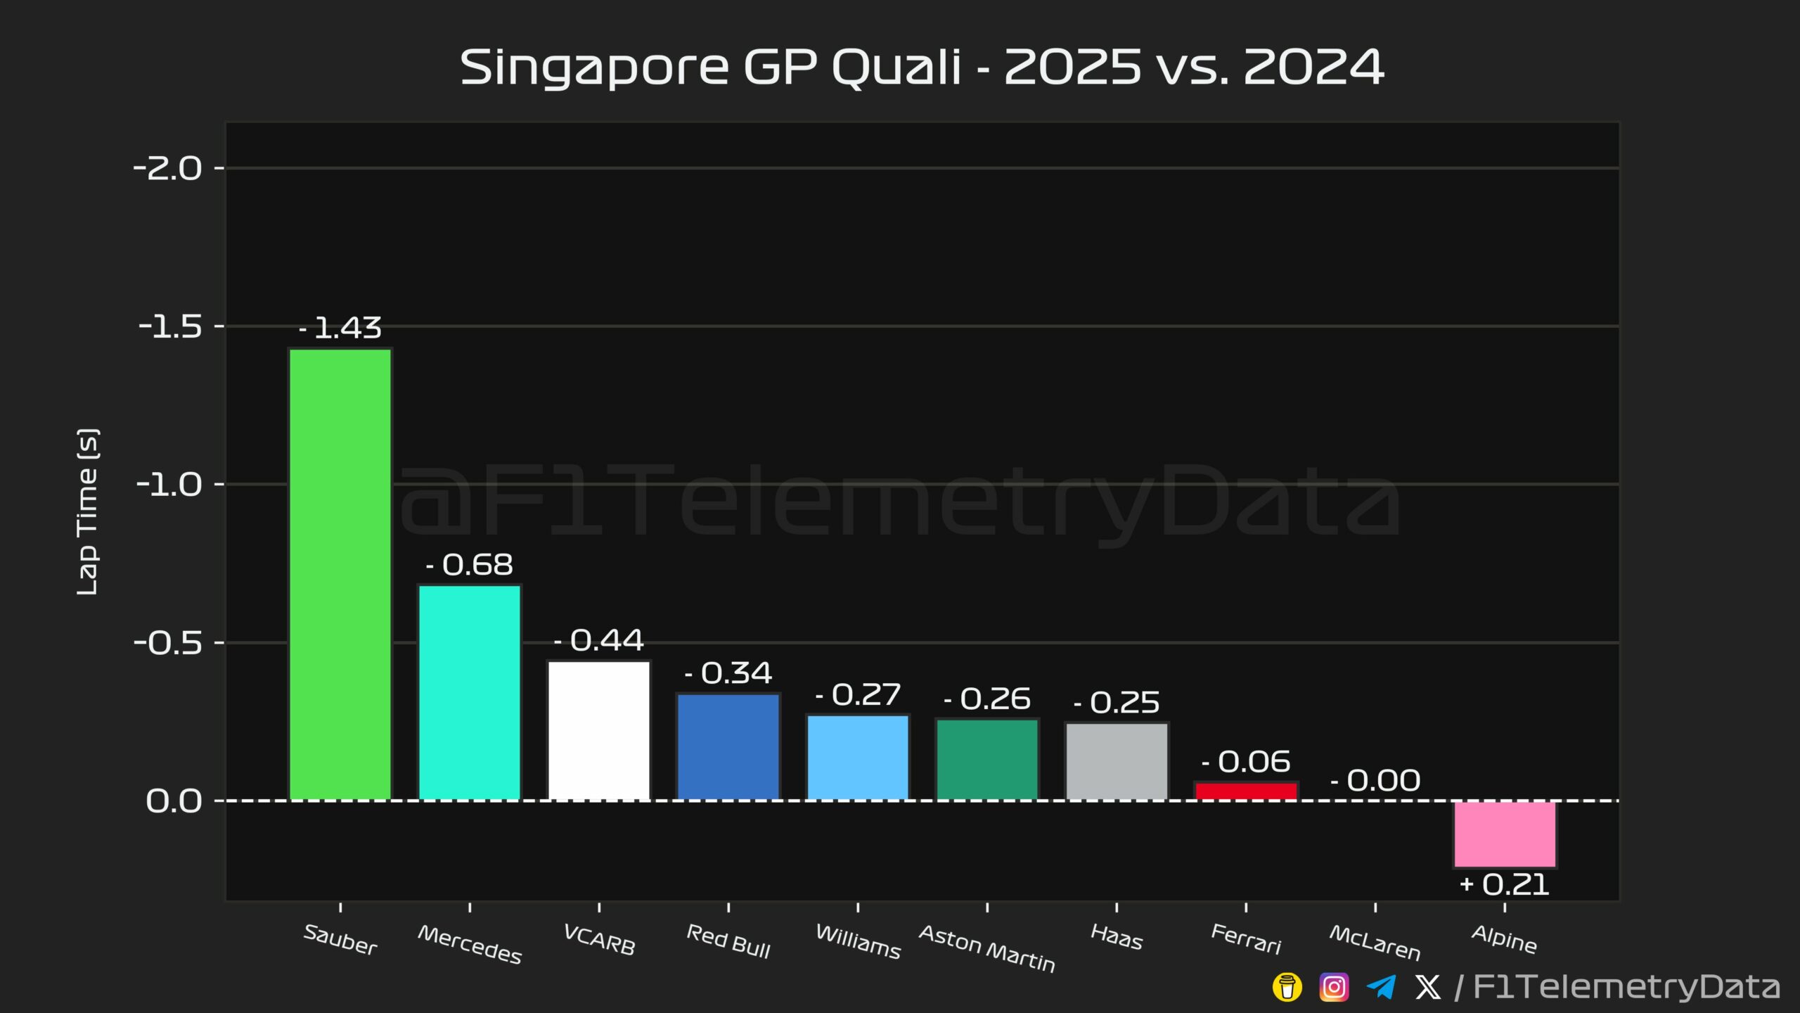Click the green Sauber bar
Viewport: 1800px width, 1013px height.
click(x=340, y=574)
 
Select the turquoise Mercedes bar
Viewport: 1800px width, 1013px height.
click(x=470, y=692)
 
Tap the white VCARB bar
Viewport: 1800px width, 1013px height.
click(x=599, y=730)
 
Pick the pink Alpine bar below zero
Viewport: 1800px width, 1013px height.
click(x=1505, y=834)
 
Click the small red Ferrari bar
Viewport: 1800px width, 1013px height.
click(x=1246, y=791)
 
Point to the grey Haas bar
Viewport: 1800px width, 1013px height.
click(x=1117, y=761)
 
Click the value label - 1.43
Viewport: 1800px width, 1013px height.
click(x=340, y=328)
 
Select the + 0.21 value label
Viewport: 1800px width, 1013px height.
click(x=1505, y=885)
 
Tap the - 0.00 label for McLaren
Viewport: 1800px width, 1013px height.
click(x=1375, y=781)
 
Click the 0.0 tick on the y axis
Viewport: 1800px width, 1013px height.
click(x=174, y=801)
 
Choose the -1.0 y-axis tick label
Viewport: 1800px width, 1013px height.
click(x=169, y=485)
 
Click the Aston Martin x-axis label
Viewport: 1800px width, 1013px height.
click(x=987, y=949)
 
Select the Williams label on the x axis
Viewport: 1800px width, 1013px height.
click(x=858, y=942)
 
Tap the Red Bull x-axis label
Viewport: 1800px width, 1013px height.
click(x=728, y=942)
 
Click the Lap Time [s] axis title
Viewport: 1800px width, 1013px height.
click(x=87, y=512)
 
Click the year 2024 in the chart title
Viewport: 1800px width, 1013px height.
click(x=1313, y=68)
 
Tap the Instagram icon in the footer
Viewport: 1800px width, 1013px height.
click(x=1334, y=987)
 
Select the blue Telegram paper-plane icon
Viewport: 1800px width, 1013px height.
click(x=1381, y=987)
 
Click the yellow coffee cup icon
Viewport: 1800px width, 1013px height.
click(x=1287, y=987)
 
